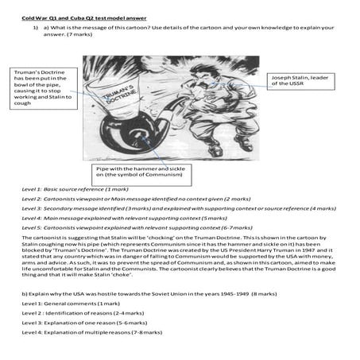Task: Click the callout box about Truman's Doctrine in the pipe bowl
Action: (42, 91)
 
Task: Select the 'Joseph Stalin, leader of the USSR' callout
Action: (300, 82)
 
